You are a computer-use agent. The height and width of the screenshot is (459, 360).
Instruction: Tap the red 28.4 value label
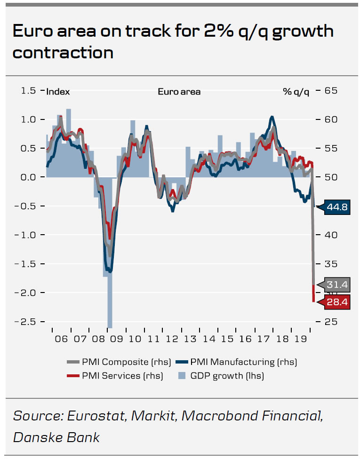point(336,302)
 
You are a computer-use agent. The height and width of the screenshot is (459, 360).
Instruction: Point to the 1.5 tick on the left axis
point(29,90)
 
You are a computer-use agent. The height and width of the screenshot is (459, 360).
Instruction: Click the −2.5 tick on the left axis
point(25,322)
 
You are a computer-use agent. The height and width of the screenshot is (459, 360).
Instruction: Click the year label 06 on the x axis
point(61,339)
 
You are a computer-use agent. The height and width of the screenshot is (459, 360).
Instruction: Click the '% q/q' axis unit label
point(296,92)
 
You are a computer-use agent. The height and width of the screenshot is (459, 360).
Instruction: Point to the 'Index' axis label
point(58,92)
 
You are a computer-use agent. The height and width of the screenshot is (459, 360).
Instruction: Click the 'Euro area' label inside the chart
point(179,92)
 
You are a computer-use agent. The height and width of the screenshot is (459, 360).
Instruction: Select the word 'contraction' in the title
point(63,52)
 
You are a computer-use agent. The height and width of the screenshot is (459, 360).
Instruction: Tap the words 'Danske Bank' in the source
point(56,437)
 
